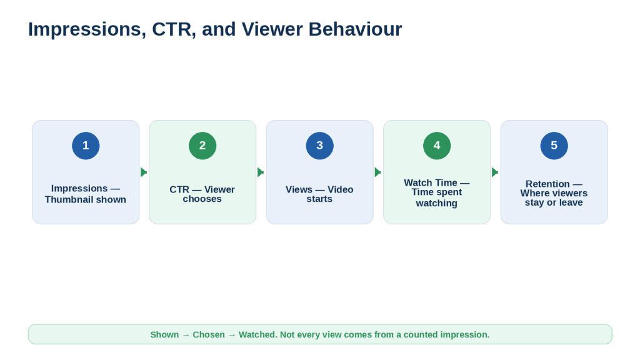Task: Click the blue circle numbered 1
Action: point(86,146)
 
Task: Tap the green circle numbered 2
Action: point(202,146)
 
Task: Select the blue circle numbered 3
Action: point(319,146)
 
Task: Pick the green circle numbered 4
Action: point(437,146)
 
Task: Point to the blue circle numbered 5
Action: point(554,146)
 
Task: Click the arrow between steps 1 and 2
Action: point(144,172)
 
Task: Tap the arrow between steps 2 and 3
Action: point(261,172)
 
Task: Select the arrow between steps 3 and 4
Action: point(378,172)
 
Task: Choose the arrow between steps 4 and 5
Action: point(495,172)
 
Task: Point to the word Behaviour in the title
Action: point(355,29)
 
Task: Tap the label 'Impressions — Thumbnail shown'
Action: point(86,194)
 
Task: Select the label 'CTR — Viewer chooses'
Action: point(202,194)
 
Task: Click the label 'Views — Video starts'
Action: point(319,194)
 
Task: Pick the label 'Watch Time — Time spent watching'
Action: point(437,193)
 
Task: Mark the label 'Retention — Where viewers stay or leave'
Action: point(554,193)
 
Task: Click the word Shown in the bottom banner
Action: point(164,335)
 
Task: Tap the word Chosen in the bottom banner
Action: point(209,335)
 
